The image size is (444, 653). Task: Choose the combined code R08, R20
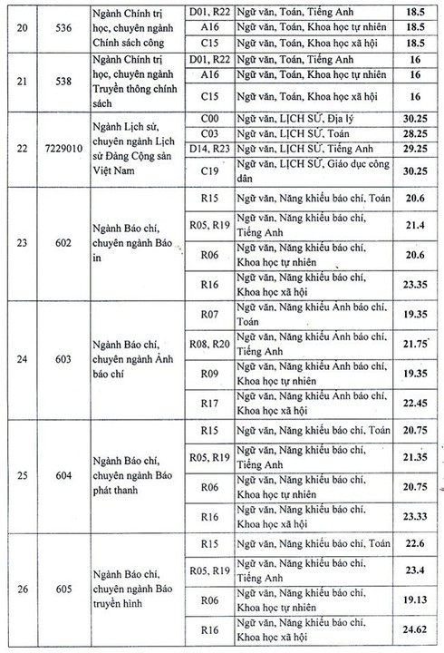pos(210,345)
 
